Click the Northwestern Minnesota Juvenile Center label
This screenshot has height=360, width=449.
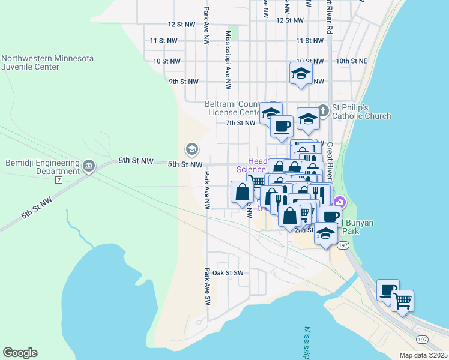[47, 63]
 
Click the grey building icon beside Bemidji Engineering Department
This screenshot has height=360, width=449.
[89, 166]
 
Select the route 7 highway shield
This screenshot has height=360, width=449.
[58, 179]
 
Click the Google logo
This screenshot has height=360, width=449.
[20, 353]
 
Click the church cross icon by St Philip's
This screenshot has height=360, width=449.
[323, 110]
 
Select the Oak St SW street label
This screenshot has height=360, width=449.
[228, 273]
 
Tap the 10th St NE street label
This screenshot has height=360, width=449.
[351, 61]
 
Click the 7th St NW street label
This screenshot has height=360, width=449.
[241, 123]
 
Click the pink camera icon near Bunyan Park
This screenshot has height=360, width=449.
[340, 202]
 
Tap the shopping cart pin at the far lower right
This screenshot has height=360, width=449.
[402, 300]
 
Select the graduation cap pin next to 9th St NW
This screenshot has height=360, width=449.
[300, 73]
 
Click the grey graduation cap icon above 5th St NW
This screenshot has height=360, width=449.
[192, 149]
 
